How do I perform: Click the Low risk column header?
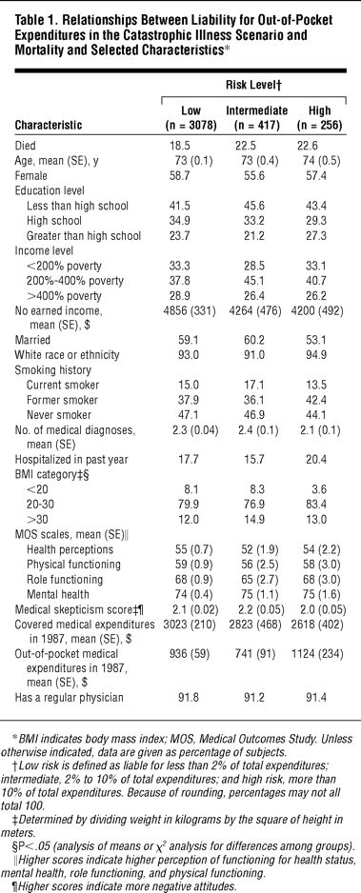191,118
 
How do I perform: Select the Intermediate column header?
257,118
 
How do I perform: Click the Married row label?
32,340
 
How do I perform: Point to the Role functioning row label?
65,579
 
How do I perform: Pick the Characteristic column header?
49,126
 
